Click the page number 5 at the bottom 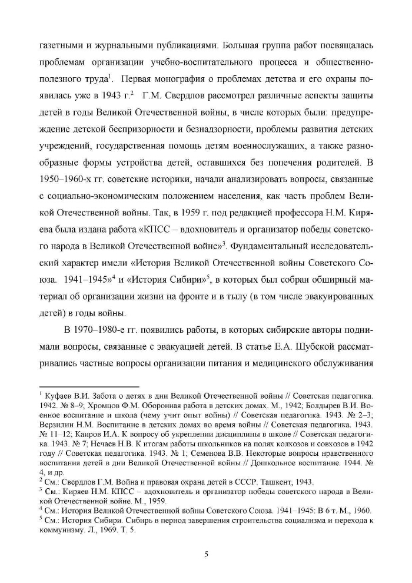(207, 552)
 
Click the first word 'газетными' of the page (60, 45)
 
